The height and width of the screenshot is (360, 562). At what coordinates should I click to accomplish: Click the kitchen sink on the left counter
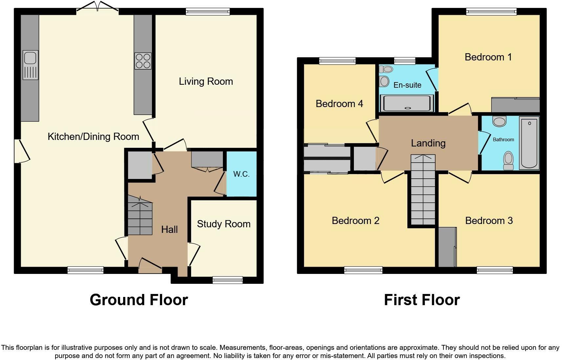tap(31, 65)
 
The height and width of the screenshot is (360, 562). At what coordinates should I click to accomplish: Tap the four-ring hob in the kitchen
tap(143, 61)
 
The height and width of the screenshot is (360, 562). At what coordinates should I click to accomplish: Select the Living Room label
tap(206, 81)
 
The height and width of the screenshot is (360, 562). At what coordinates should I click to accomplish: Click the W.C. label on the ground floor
tap(241, 174)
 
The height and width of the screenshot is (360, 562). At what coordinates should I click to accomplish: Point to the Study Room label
tap(224, 224)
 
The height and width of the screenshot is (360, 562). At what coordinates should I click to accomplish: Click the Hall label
tap(169, 230)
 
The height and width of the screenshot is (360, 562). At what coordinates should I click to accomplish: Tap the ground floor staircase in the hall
tap(140, 215)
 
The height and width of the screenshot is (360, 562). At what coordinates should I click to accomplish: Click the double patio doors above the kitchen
tap(97, 7)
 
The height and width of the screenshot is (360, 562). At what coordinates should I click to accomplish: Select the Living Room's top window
tap(208, 11)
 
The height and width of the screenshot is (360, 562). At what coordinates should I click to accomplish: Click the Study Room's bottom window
tap(227, 280)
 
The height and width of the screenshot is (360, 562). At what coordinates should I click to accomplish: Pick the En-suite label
tap(407, 85)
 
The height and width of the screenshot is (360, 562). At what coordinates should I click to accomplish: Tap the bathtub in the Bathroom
tap(529, 143)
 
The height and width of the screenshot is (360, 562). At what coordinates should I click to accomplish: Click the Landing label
tap(428, 143)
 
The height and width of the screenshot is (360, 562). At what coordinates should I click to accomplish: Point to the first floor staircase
tap(423, 190)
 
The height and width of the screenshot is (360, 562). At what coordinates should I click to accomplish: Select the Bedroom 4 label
tap(339, 104)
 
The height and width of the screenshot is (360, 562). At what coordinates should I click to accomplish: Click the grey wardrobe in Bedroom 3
tap(447, 247)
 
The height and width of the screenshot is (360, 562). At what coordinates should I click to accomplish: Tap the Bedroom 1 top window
tap(491, 11)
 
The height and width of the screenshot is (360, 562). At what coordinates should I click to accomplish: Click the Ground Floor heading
tap(139, 300)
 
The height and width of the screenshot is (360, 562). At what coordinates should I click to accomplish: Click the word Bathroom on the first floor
tap(503, 140)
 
